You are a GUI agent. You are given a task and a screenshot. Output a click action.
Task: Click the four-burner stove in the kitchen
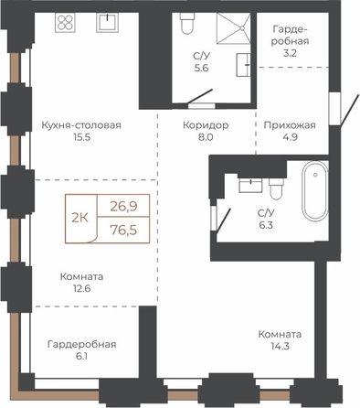click(x=65, y=22)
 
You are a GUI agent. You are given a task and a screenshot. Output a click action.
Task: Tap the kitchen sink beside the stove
click(x=108, y=22)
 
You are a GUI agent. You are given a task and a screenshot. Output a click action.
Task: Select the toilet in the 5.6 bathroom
click(x=187, y=24)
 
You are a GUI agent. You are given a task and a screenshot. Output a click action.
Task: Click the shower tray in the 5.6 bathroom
click(x=234, y=28)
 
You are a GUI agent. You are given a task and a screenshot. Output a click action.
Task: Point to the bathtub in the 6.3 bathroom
click(x=315, y=190)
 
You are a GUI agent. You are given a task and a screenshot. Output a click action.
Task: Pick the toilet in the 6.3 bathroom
click(x=276, y=189)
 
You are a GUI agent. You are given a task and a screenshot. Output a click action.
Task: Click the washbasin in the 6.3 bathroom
click(x=250, y=186)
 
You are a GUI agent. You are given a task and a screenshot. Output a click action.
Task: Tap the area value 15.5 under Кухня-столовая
click(x=81, y=137)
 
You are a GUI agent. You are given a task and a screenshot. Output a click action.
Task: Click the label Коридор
click(x=206, y=125)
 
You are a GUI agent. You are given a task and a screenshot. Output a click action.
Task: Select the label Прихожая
click(x=290, y=125)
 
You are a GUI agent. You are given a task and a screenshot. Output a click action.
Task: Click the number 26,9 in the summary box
click(x=123, y=207)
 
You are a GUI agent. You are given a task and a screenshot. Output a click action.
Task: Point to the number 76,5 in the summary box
click(x=123, y=231)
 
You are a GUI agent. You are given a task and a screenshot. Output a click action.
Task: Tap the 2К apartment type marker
click(x=79, y=218)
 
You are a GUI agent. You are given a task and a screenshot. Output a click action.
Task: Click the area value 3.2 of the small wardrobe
click(x=290, y=53)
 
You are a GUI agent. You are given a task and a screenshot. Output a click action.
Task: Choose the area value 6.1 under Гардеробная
click(x=81, y=356)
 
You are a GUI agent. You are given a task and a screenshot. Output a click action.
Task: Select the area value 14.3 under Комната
click(x=280, y=346)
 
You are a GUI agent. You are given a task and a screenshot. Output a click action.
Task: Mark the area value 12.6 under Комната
click(x=81, y=288)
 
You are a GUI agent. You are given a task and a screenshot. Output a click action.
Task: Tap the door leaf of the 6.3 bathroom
click(x=223, y=220)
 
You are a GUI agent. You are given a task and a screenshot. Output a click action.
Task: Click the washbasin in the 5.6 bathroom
click(x=243, y=65)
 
